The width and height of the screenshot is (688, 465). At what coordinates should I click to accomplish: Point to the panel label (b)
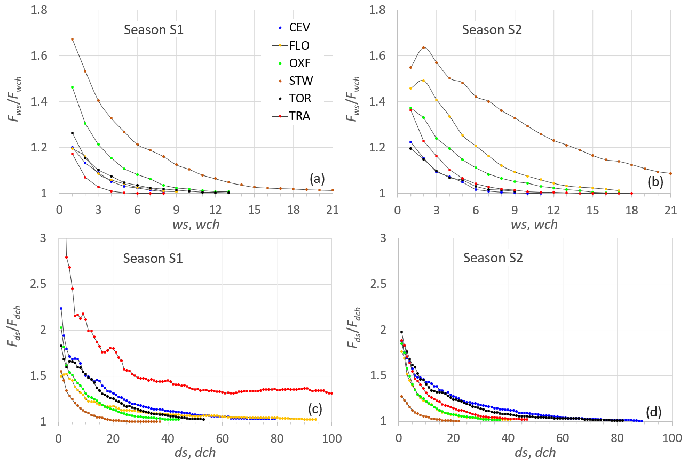(654, 181)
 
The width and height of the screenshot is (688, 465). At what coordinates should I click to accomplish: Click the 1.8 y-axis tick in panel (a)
(44, 10)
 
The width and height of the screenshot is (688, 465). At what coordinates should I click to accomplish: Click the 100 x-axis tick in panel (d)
(671, 438)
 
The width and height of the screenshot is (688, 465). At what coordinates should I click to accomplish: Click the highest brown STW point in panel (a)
(72, 39)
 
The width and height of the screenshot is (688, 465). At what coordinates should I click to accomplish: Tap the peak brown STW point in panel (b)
(423, 47)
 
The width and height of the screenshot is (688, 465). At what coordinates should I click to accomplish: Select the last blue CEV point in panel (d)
(642, 421)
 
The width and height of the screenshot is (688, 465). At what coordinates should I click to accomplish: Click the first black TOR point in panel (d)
(401, 332)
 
